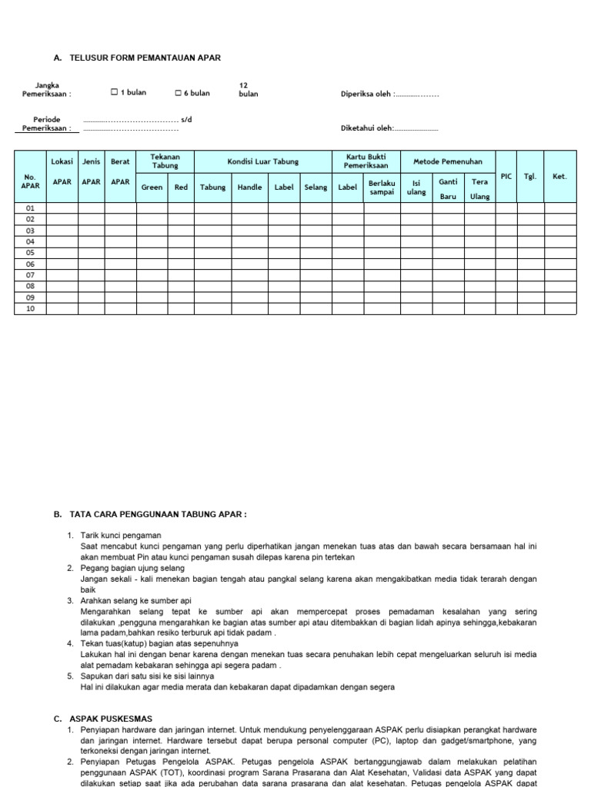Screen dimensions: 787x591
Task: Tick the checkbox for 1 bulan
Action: pyautogui.click(x=114, y=93)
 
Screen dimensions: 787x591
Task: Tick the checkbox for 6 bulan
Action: pyautogui.click(x=178, y=93)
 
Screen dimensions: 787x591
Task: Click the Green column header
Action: pyautogui.click(x=152, y=188)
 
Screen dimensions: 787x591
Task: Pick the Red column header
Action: pyautogui.click(x=181, y=188)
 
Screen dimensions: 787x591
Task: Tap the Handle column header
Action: pyautogui.click(x=249, y=188)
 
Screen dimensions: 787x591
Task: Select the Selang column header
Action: pyautogui.click(x=316, y=188)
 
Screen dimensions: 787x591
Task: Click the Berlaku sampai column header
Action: pyautogui.click(x=382, y=188)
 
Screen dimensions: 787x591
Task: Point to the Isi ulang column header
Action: pyautogui.click(x=416, y=188)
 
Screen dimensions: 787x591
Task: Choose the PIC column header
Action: pyautogui.click(x=506, y=176)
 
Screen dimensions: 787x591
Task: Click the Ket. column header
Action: pyautogui.click(x=559, y=176)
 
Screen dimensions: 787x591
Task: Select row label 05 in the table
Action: pyautogui.click(x=31, y=252)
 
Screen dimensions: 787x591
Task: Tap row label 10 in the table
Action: pyautogui.click(x=31, y=308)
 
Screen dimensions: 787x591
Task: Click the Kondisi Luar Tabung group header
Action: pyautogui.click(x=262, y=161)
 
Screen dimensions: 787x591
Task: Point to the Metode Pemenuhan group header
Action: pyautogui.click(x=448, y=161)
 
